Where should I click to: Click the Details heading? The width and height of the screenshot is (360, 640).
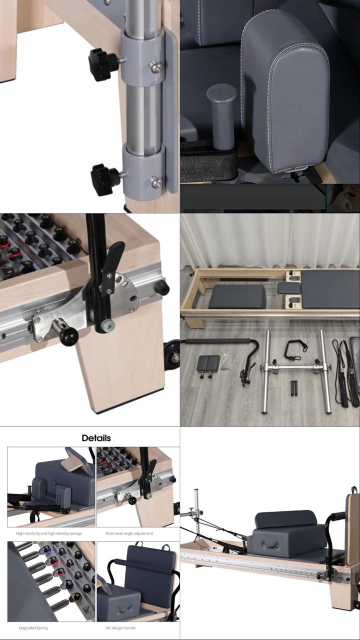tap(96, 438)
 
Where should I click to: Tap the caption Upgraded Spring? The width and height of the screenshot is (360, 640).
tap(33, 627)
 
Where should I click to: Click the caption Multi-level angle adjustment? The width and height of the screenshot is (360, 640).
tap(129, 533)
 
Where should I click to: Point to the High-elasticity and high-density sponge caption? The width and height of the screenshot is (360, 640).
tap(48, 533)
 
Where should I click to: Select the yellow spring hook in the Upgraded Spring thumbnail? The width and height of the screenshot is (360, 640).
tap(76, 597)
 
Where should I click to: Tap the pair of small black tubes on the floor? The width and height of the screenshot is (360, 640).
tap(294, 388)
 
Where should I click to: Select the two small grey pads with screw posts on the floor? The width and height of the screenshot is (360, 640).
tap(208, 365)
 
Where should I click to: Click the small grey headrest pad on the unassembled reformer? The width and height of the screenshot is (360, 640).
tap(289, 288)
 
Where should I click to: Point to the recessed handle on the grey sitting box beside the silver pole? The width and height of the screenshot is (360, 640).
tap(271, 545)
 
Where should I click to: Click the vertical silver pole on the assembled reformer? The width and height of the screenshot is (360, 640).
tap(196, 515)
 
